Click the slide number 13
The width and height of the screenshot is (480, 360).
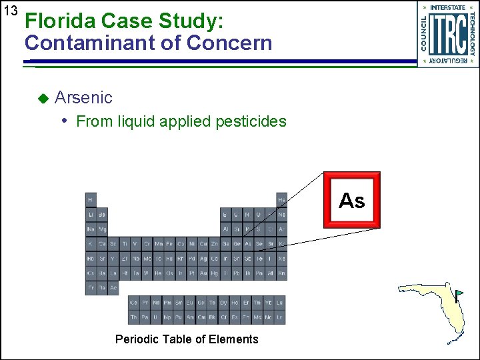[9, 11]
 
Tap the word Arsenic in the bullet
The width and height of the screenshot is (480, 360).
[83, 97]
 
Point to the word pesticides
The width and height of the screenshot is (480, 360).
[253, 121]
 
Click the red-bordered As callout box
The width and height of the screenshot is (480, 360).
[351, 200]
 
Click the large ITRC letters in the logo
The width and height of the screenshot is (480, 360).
[447, 34]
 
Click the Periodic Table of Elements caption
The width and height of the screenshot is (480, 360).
[187, 339]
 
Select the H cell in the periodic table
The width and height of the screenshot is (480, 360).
[91, 199]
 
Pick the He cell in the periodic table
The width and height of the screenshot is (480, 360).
[281, 199]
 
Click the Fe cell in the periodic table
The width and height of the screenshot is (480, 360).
[170, 244]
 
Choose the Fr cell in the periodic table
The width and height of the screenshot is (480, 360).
[91, 288]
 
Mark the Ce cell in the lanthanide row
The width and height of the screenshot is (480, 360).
[134, 303]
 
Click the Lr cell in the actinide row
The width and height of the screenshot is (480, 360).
[280, 317]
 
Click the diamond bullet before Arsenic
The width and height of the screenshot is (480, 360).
[43, 98]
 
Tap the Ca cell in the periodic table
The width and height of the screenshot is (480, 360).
[102, 244]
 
